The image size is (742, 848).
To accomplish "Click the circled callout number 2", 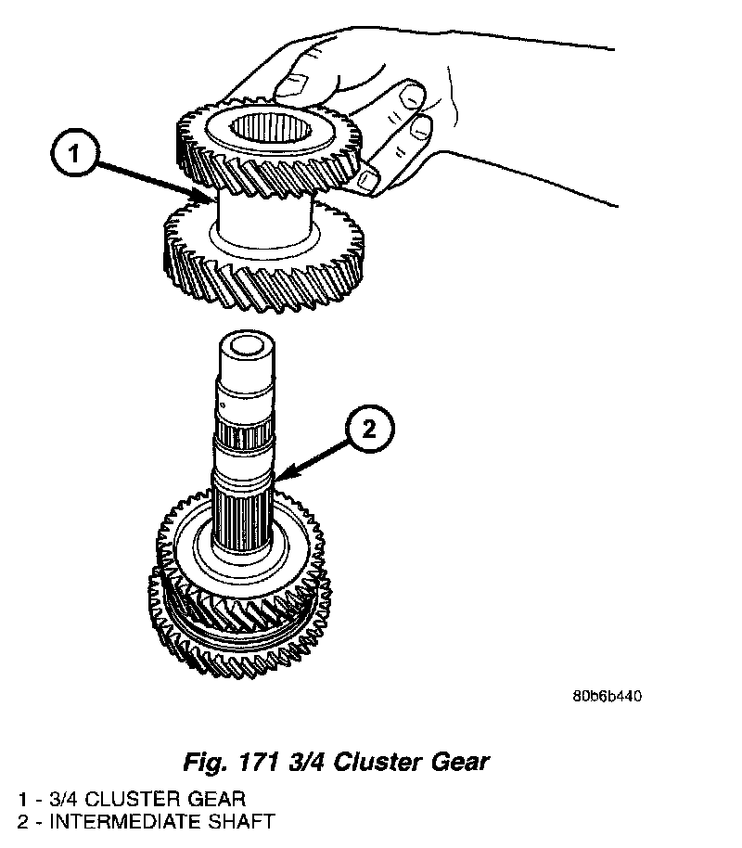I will click(x=369, y=428).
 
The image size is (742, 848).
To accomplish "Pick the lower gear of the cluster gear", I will click(x=269, y=269).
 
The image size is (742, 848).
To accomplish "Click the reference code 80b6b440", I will click(x=608, y=696).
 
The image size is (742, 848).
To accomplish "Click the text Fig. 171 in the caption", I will click(x=226, y=763).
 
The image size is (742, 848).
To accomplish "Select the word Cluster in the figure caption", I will click(x=381, y=763).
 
